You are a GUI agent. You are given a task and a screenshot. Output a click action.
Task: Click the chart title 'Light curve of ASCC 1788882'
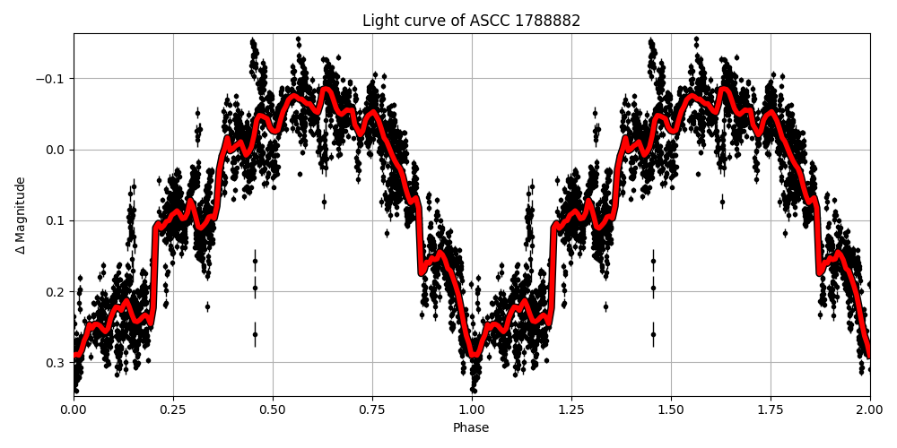[471, 21]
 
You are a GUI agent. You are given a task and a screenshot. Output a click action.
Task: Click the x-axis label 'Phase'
[471, 428]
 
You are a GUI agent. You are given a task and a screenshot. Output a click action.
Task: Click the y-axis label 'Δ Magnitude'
[21, 215]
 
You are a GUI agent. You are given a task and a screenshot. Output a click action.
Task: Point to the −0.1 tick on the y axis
[50, 79]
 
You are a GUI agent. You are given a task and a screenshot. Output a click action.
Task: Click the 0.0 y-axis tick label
[56, 150]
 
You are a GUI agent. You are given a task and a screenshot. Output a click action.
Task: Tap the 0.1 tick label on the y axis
[56, 220]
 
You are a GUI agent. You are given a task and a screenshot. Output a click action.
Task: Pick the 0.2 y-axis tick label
[56, 291]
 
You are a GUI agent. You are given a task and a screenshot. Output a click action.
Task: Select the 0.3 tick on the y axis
[56, 362]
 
